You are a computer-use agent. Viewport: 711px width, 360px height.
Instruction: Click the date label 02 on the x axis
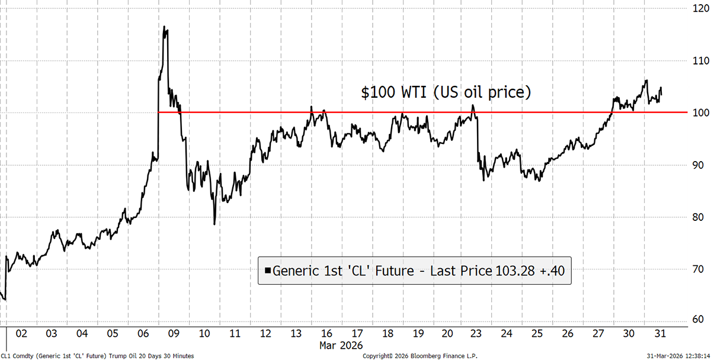pyautogui.click(x=21, y=333)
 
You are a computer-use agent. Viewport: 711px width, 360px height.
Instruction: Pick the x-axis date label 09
pyautogui.click(x=174, y=333)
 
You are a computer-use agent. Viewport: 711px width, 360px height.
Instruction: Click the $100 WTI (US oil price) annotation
pyautogui.click(x=446, y=93)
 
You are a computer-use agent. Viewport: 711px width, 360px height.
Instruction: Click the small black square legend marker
pyautogui.click(x=268, y=271)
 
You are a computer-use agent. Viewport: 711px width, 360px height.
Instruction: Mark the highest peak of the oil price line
pyautogui.click(x=164, y=27)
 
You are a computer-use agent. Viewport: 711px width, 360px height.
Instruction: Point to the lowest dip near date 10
pyautogui.click(x=214, y=224)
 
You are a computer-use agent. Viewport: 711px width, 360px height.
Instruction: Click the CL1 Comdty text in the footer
pyautogui.click(x=18, y=355)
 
